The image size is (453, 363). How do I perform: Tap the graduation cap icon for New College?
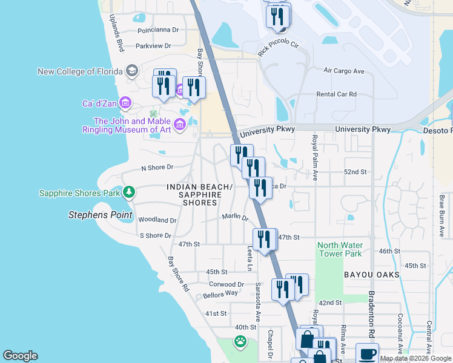pyautogui.click(x=131, y=71)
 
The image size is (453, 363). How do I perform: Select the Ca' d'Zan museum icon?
pyautogui.click(x=125, y=103)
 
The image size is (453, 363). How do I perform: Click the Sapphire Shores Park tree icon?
pyautogui.click(x=128, y=193)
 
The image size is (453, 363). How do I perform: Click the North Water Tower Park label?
pyautogui.click(x=340, y=249)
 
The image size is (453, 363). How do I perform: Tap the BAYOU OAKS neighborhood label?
pyautogui.click(x=371, y=275)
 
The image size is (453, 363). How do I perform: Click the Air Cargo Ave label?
pyautogui.click(x=343, y=71)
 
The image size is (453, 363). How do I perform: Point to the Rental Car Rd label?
pyautogui.click(x=336, y=94)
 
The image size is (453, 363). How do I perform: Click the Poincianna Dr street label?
pyautogui.click(x=158, y=29)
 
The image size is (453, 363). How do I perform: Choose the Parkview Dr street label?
pyautogui.click(x=154, y=45)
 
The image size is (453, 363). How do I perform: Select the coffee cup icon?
pyautogui.click(x=367, y=353)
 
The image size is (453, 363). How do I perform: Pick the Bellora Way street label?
pyautogui.click(x=221, y=293)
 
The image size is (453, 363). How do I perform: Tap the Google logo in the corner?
pyautogui.click(x=20, y=356)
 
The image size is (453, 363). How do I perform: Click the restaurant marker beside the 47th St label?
pyautogui.click(x=263, y=238)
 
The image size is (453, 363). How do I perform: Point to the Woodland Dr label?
pyautogui.click(x=157, y=220)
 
